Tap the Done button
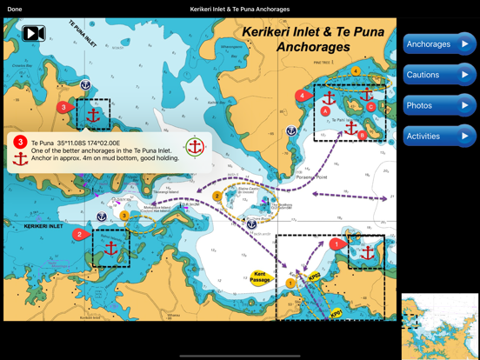(15, 9)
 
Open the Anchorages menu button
(439, 44)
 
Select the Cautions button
(439, 75)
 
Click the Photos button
(439, 105)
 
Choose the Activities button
(439, 136)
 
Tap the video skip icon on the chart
(34, 34)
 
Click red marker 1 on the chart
(337, 245)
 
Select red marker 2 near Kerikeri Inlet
(79, 234)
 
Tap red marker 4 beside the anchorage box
(302, 96)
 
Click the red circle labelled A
(325, 111)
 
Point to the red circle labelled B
(363, 135)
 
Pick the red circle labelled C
(371, 107)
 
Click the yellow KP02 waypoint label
(315, 277)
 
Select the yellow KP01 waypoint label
(336, 313)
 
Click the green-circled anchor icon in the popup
(195, 147)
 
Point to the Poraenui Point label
(310, 177)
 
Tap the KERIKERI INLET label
(43, 226)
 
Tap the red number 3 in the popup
(20, 143)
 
